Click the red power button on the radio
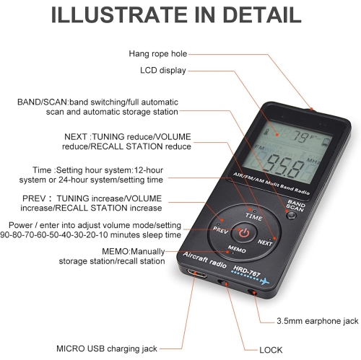click(x=244, y=232)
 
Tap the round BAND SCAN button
click(x=291, y=215)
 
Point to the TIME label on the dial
click(x=253, y=216)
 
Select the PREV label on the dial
click(x=220, y=229)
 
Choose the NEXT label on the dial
click(x=265, y=242)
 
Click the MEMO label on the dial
click(x=237, y=249)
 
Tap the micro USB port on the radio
click(x=197, y=273)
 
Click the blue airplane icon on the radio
click(x=265, y=281)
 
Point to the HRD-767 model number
click(x=247, y=271)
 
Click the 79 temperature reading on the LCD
click(x=300, y=137)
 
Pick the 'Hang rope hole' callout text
click(x=158, y=53)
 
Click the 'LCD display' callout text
click(x=163, y=71)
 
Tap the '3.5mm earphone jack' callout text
click(x=318, y=321)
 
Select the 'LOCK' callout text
click(x=271, y=350)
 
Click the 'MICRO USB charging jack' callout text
click(x=107, y=348)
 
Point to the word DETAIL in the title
click(x=262, y=14)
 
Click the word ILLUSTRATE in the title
click(x=119, y=14)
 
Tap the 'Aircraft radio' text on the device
click(x=204, y=260)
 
